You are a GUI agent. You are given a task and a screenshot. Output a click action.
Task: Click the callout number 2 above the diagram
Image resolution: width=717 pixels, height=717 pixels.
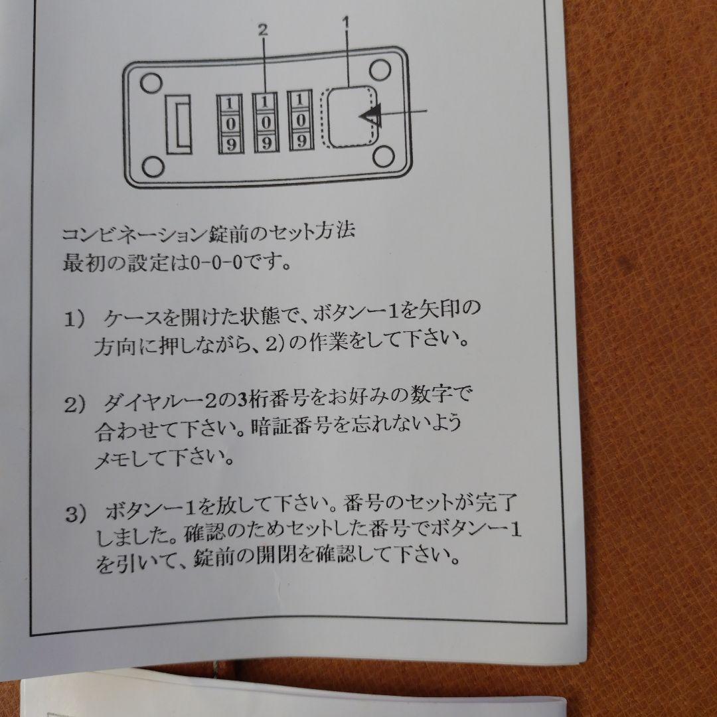coord(264,29)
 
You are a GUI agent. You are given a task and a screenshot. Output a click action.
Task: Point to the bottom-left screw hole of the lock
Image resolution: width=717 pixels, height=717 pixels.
coord(153,164)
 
